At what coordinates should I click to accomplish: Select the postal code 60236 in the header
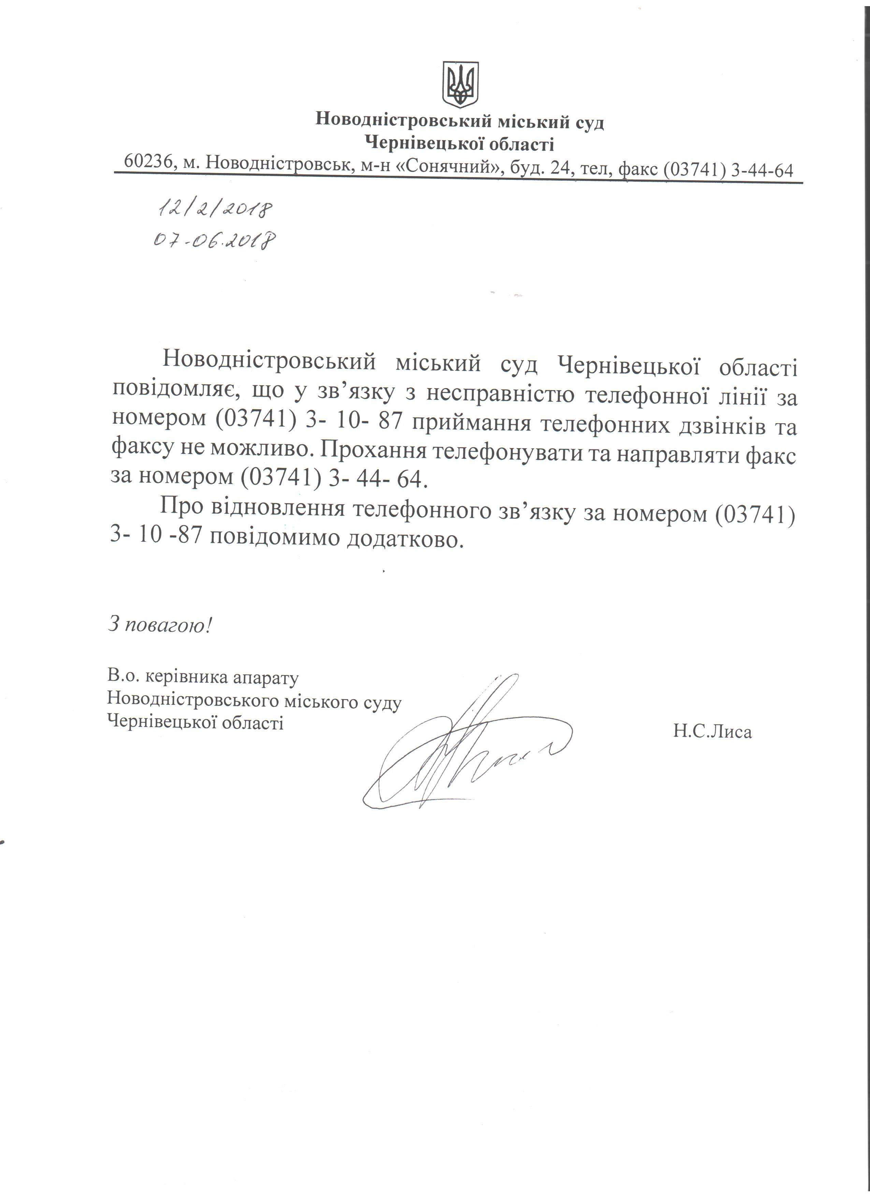[x=149, y=162]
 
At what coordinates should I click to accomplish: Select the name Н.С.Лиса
[x=712, y=731]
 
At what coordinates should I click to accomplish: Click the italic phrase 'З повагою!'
[x=160, y=625]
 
